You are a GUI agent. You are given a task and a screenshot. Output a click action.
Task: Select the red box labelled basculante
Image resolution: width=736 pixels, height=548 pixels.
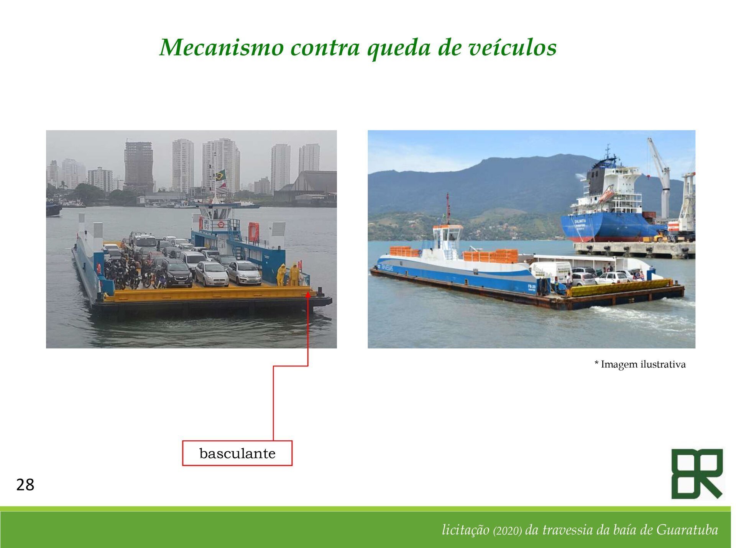click(237, 453)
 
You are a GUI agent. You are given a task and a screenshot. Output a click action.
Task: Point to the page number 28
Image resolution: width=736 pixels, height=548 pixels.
click(25, 485)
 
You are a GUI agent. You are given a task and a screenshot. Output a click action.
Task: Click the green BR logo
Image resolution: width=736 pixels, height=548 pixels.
click(697, 474)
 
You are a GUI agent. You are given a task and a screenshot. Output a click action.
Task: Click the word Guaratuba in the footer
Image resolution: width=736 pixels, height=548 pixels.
click(687, 530)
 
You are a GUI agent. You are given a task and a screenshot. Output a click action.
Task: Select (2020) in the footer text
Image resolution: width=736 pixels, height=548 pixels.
click(508, 530)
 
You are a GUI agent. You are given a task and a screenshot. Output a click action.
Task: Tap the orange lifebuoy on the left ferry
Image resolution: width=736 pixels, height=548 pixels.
click(221, 224)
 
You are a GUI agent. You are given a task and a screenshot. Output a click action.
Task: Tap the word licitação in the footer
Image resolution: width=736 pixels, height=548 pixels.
click(465, 530)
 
